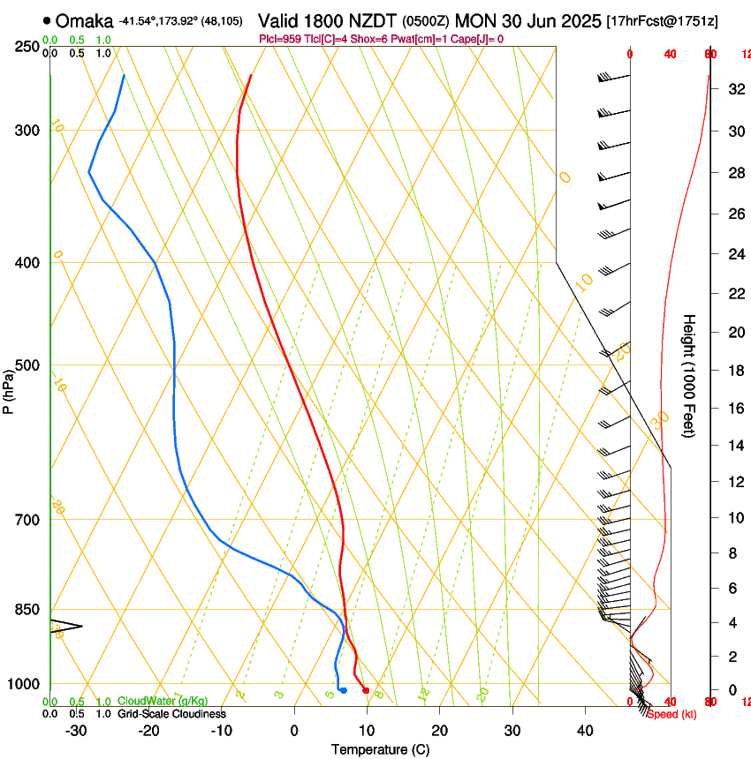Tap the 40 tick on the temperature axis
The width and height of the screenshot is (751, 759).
[x=584, y=731]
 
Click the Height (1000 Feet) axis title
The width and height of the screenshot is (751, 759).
[x=690, y=375]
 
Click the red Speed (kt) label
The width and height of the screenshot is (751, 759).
[x=671, y=714]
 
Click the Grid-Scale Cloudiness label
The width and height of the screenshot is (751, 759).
[x=171, y=714]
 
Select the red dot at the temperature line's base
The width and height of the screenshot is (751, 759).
[x=366, y=690]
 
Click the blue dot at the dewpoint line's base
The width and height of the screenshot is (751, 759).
[x=343, y=690]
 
